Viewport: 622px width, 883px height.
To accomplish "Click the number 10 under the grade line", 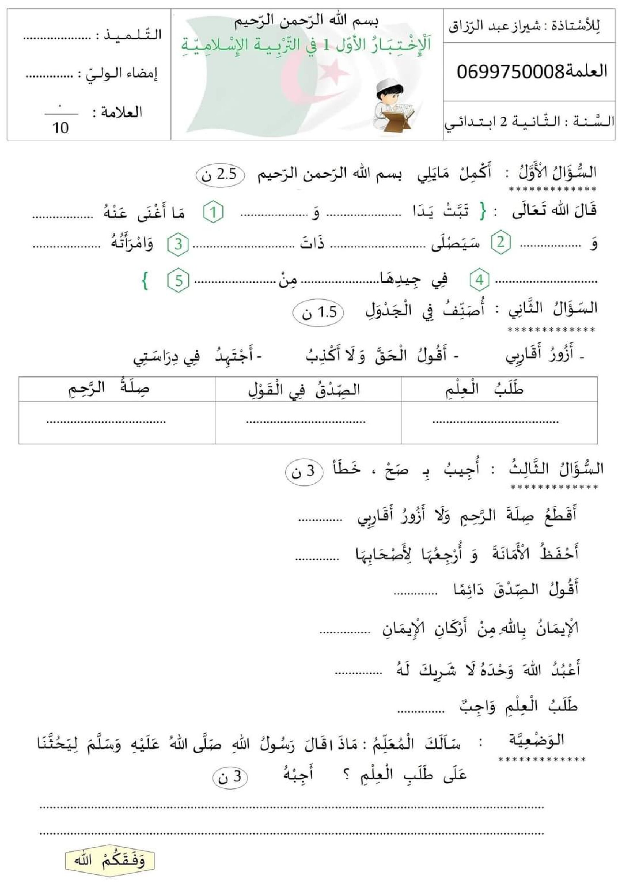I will tap(61, 128).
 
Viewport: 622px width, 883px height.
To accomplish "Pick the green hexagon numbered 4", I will tap(479, 280).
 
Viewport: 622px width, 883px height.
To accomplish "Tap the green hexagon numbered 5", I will tap(178, 281).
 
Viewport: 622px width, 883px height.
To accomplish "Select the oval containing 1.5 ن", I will tap(318, 313).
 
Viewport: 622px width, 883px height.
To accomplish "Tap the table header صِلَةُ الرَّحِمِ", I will tap(109, 389).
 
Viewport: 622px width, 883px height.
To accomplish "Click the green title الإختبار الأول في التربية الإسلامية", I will tap(306, 45).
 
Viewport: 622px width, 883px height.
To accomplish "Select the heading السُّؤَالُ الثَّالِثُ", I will tap(556, 470).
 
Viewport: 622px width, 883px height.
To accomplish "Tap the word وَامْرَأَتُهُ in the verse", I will tap(132, 243).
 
